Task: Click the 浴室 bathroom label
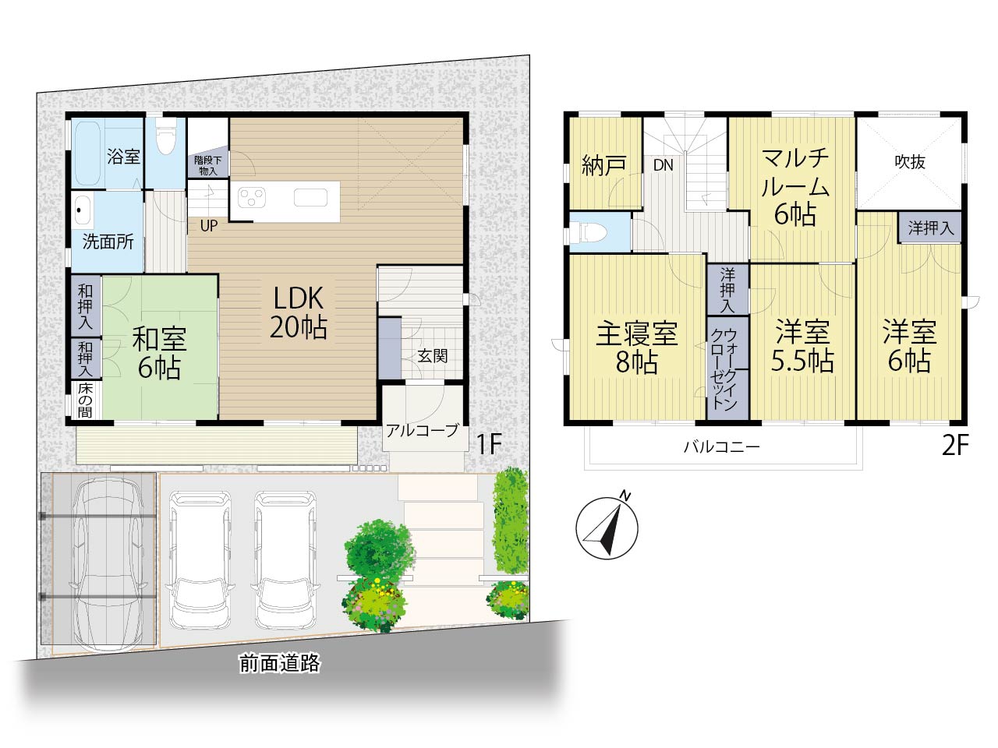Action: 124,157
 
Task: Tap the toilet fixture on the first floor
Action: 165,135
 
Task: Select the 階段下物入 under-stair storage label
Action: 207,166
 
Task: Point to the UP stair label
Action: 209,226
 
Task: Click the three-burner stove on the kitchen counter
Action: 252,198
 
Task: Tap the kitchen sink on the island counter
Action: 310,197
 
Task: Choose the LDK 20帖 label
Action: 299,313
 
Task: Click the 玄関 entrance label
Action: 433,356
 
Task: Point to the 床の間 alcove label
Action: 85,400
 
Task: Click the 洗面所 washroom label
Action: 108,242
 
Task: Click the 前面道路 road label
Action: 280,664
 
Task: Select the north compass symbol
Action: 607,527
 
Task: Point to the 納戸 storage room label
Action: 604,165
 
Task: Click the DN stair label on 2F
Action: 663,165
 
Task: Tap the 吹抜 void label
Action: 910,162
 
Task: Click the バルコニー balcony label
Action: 721,447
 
